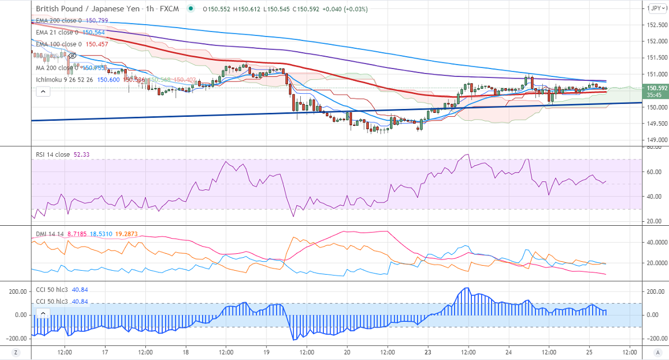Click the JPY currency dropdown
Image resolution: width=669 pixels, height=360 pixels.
(x=655, y=8)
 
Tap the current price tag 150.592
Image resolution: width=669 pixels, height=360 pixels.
(x=656, y=88)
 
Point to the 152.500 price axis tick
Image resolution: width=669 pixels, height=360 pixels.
(x=656, y=25)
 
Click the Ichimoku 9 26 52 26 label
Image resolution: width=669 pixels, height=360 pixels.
(x=65, y=80)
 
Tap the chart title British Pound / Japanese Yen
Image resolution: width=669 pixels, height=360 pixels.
(x=86, y=9)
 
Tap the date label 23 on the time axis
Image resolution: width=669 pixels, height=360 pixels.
(x=428, y=352)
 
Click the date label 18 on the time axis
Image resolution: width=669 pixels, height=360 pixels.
(x=186, y=352)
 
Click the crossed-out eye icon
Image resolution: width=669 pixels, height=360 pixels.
(x=72, y=56)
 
